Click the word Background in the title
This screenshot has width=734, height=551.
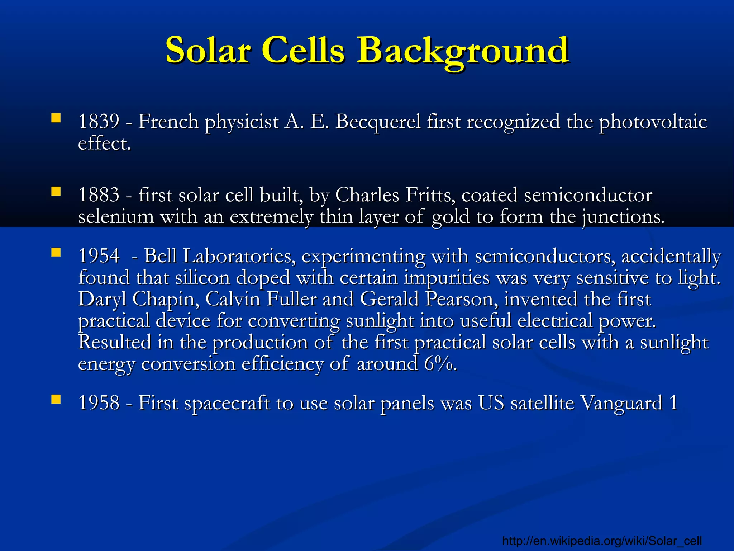point(462,50)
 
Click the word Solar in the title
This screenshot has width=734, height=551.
point(208,50)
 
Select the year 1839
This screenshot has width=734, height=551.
point(99,121)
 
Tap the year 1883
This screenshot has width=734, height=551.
point(99,195)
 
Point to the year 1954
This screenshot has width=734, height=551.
point(99,256)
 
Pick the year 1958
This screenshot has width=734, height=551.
point(99,402)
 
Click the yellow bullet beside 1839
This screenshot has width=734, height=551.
point(56,118)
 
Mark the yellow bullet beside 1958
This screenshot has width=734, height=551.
point(56,399)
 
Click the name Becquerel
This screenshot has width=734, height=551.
point(378,121)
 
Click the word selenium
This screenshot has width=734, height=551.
point(116,217)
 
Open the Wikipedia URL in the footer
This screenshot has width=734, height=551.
point(602,540)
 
